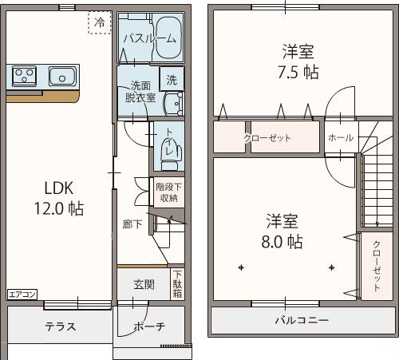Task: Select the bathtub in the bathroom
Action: pyautogui.click(x=168, y=38)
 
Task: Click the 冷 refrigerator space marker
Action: pyautogui.click(x=100, y=22)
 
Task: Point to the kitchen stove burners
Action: pyautogui.click(x=24, y=77)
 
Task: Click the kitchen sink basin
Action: pyautogui.click(x=61, y=77)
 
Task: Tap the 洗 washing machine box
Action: pyautogui.click(x=172, y=79)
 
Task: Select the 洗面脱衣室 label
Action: pyautogui.click(x=139, y=92)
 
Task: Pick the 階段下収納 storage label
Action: pyautogui.click(x=168, y=192)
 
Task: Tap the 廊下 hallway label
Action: pyautogui.click(x=132, y=224)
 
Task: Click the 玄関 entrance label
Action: pyautogui.click(x=144, y=285)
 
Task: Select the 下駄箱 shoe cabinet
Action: pyautogui.click(x=176, y=284)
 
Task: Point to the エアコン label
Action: pyautogui.click(x=22, y=295)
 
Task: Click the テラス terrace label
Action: pyautogui.click(x=60, y=326)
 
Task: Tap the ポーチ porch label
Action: pyautogui.click(x=149, y=326)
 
